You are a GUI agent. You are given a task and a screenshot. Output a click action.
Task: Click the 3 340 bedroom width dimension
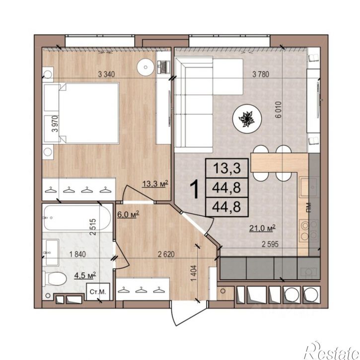106,74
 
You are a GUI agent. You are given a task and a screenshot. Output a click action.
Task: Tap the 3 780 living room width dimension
261,74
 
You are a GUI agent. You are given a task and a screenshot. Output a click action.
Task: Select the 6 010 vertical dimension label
278,110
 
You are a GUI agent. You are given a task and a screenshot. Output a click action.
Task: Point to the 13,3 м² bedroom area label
155,184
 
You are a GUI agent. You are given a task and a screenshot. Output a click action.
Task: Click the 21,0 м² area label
262,228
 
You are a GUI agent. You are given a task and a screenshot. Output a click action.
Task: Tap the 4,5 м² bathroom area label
85,275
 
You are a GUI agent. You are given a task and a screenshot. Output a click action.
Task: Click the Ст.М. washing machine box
98,291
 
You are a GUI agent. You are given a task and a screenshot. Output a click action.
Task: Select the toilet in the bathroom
55,279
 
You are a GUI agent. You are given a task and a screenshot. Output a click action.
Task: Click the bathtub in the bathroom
77,217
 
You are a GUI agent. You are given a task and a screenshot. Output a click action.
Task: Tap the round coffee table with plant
247,119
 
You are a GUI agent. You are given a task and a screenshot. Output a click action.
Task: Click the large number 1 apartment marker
195,189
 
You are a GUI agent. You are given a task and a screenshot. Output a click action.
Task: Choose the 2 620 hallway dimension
166,254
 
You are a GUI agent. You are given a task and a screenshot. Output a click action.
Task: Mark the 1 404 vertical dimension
194,273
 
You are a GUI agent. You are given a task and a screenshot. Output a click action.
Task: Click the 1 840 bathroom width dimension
77,254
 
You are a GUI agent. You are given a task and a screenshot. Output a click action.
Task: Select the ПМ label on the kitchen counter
309,208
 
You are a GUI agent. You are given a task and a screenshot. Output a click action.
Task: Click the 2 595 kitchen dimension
270,244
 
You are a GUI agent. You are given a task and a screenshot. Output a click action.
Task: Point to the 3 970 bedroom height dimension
55,124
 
